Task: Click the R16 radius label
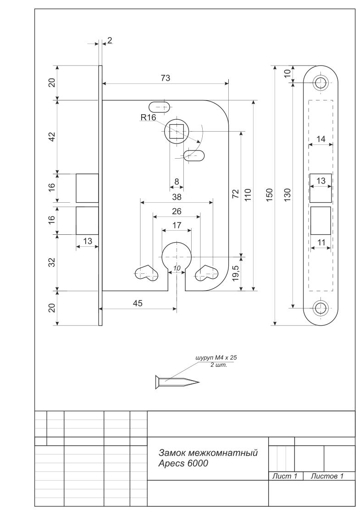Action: (148, 117)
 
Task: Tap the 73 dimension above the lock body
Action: (165, 78)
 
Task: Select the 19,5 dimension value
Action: (235, 273)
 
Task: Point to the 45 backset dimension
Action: (138, 303)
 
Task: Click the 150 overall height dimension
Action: (269, 195)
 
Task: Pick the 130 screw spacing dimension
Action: (287, 195)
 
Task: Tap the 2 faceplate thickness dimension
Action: (110, 40)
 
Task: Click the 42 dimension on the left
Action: (52, 136)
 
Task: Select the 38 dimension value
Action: (176, 197)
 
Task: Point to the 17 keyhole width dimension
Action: (176, 225)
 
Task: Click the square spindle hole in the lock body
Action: (176, 131)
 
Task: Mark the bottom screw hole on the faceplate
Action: (320, 308)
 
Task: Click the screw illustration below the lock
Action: (177, 382)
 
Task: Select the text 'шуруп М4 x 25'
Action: (216, 358)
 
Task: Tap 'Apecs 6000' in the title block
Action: (183, 464)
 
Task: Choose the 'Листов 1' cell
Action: (327, 476)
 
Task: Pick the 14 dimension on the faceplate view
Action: (320, 139)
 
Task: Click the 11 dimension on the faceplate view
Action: (321, 243)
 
